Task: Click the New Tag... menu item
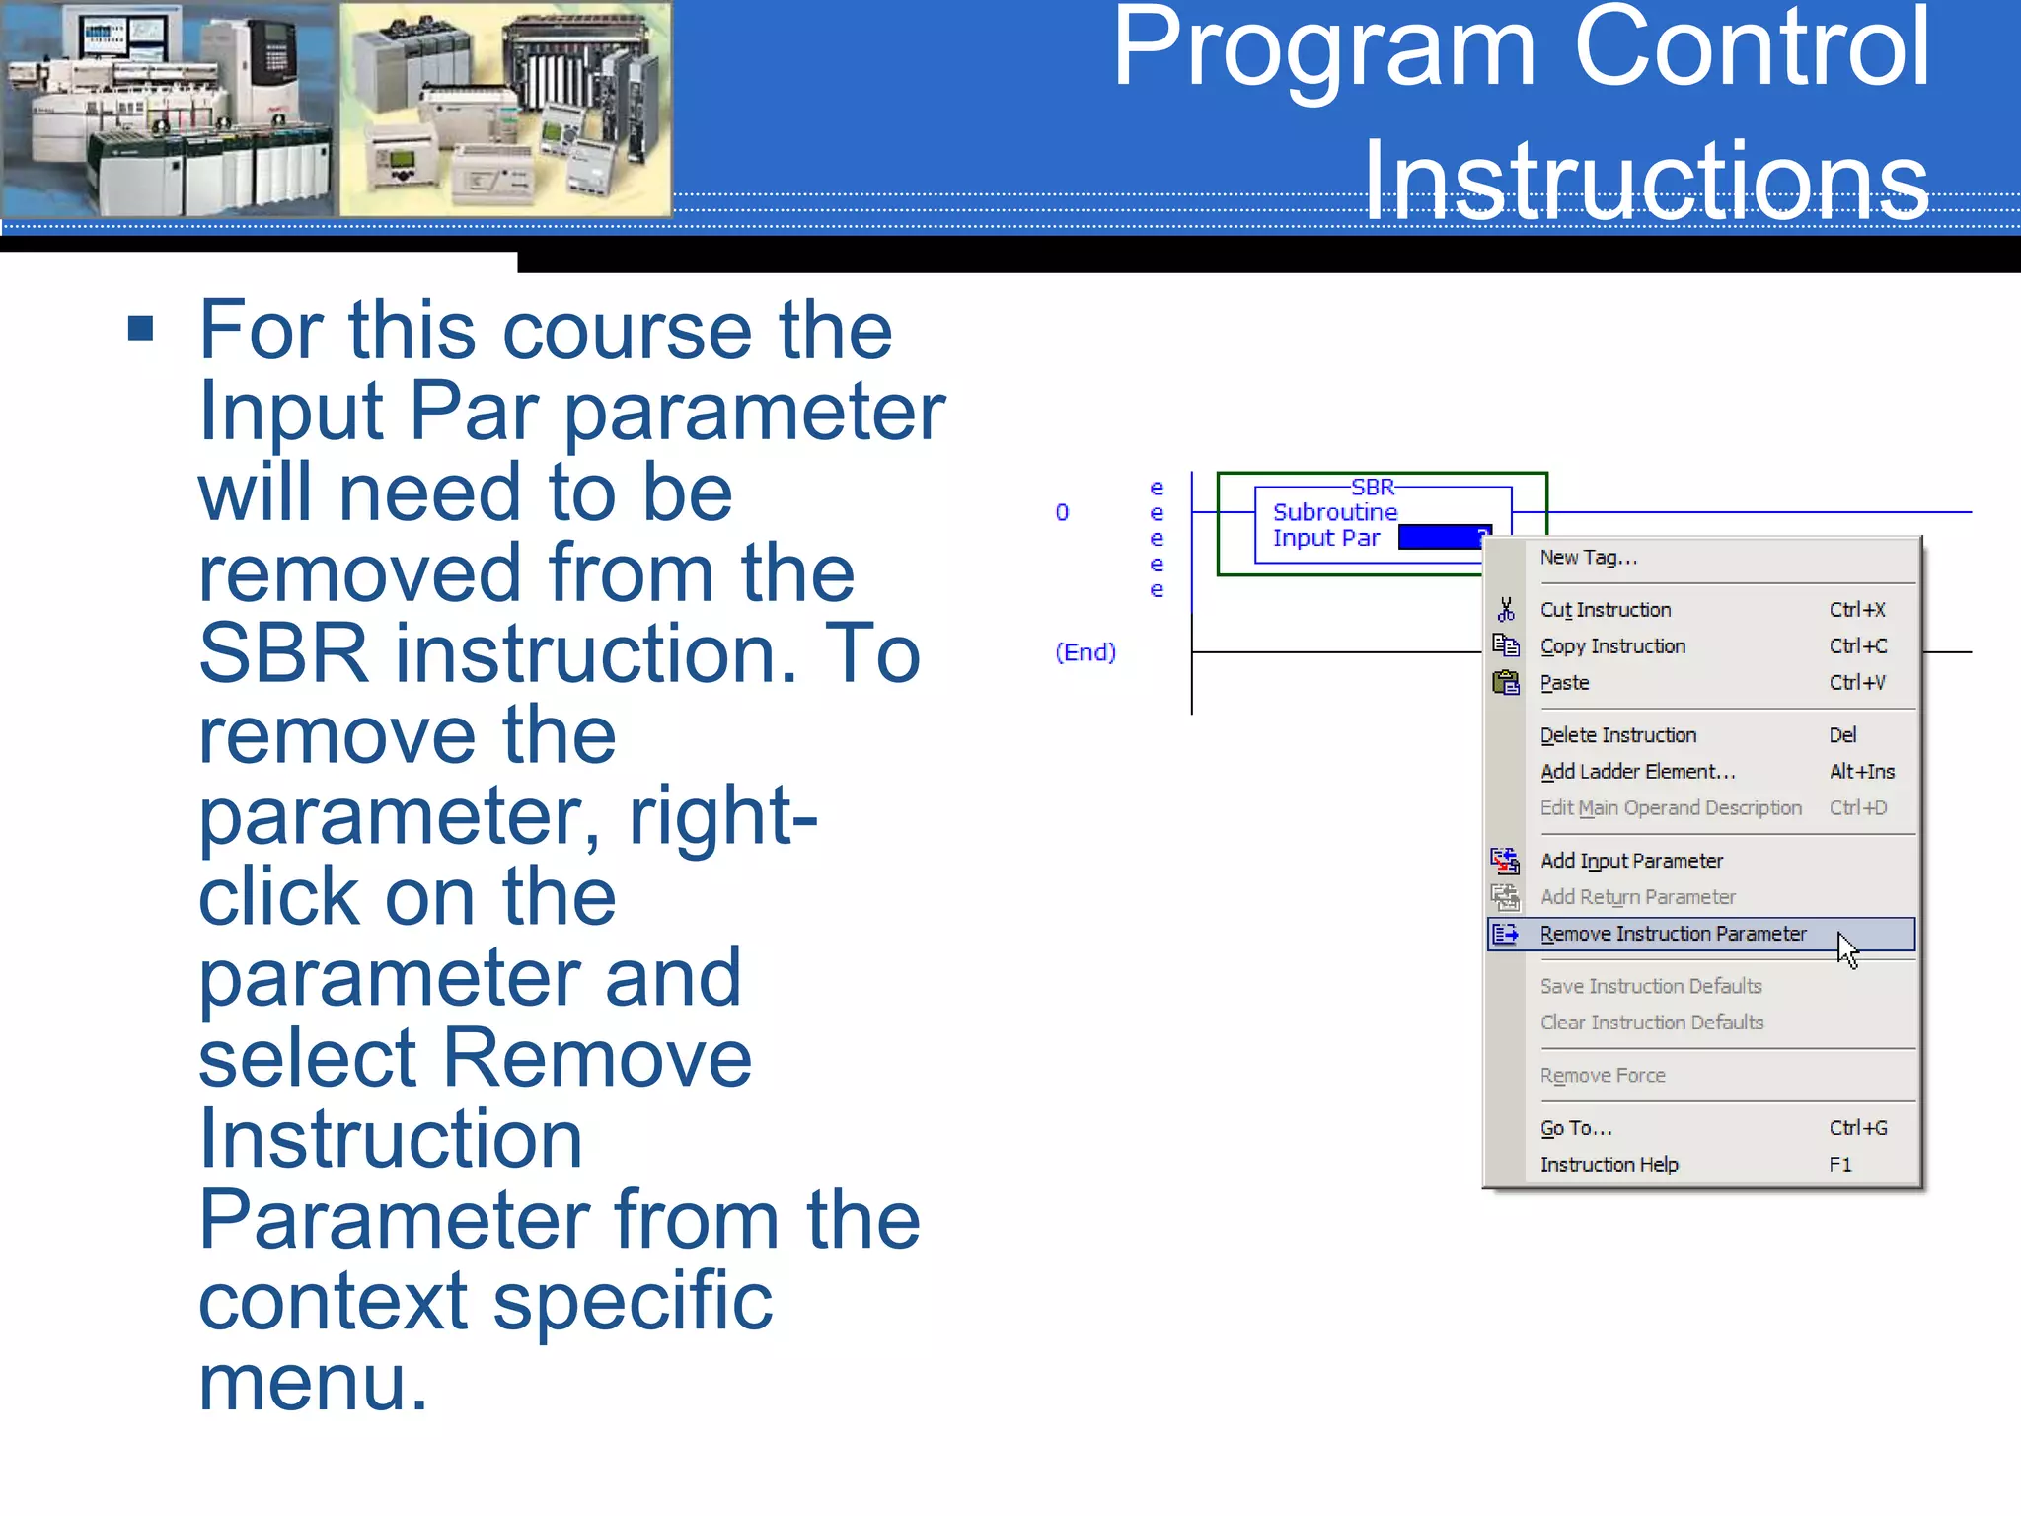1588,558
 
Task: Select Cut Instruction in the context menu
1605,610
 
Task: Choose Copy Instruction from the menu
1612,646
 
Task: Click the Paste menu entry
1564,683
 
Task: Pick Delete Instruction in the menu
1617,735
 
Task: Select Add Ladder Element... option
1637,772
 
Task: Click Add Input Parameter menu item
1631,861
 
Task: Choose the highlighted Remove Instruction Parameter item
1673,934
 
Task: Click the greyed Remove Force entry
1602,1076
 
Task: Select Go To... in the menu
1575,1128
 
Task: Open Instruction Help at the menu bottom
1609,1165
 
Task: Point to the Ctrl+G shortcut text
1857,1128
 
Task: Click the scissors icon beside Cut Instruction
1505,610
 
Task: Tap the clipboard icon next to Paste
1505,683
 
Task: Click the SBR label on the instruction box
1372,488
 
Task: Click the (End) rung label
1085,652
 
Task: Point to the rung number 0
1062,512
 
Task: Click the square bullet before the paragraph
141,329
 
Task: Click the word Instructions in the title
1645,181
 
